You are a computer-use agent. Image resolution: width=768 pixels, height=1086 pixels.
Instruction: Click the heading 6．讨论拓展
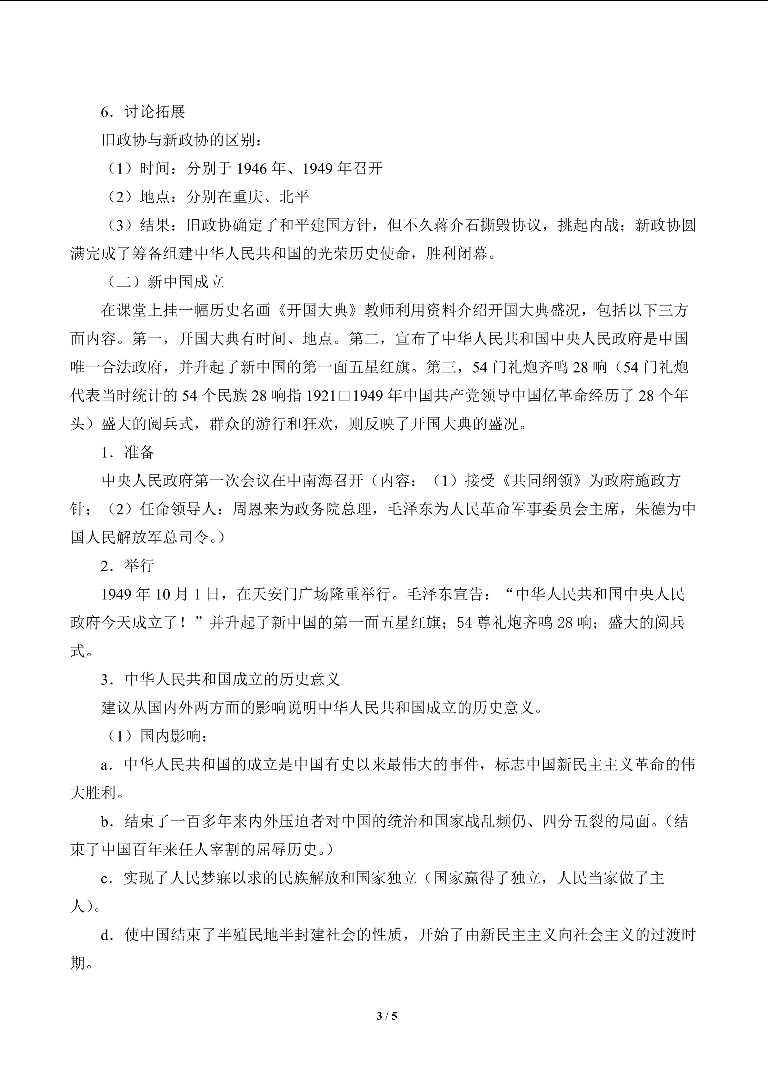tap(143, 112)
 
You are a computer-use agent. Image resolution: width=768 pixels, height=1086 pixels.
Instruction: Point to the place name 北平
tap(294, 197)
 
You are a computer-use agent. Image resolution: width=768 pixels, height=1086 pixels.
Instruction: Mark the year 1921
tap(322, 395)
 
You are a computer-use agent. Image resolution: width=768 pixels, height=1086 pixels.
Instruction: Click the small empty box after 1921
tap(344, 396)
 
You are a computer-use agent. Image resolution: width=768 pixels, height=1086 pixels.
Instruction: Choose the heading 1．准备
tap(128, 452)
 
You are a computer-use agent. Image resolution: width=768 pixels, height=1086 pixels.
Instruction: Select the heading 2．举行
tap(128, 566)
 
